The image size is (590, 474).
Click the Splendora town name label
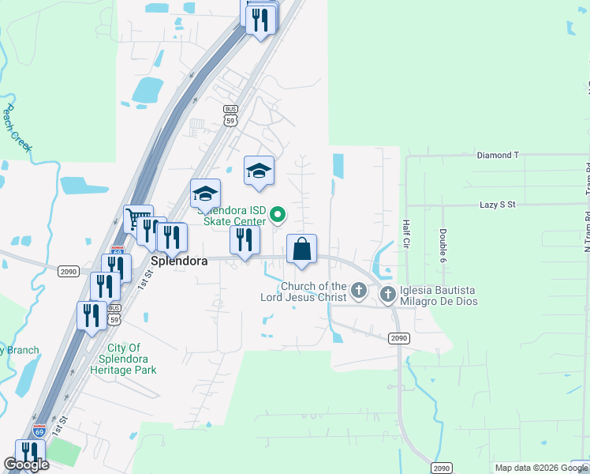(179, 260)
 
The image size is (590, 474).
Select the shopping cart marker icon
(138, 218)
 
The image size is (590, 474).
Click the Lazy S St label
(497, 205)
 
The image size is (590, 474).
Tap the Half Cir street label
(406, 232)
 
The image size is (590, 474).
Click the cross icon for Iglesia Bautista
(387, 295)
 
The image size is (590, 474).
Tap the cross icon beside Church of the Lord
(358, 291)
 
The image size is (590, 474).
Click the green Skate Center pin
(278, 214)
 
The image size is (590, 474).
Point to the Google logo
(26, 465)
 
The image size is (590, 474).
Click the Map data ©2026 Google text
(541, 468)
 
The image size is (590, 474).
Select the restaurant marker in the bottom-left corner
(29, 452)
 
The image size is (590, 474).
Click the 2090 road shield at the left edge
(68, 271)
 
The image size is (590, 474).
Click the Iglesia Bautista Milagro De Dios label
(437, 296)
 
